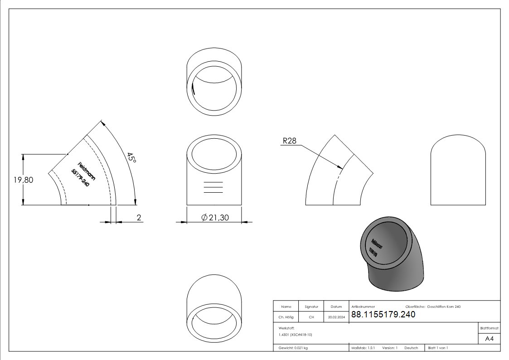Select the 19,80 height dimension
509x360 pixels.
tap(23, 180)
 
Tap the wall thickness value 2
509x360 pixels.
tap(139, 218)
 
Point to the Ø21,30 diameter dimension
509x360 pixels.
tap(215, 218)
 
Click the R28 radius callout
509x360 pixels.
tap(289, 141)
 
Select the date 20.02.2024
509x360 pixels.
tap(336, 317)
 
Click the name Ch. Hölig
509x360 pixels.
tap(286, 317)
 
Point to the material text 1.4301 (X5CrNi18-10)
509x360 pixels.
tap(296, 335)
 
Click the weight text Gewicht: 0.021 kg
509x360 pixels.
tap(293, 348)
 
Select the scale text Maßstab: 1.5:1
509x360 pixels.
tap(363, 348)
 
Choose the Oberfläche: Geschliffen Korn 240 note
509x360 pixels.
tap(433, 307)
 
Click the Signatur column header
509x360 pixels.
tap(311, 307)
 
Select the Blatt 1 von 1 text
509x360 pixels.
tap(438, 348)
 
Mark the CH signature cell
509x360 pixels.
tap(311, 317)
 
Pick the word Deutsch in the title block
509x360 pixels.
tap(411, 348)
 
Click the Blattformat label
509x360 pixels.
tap(490, 328)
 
